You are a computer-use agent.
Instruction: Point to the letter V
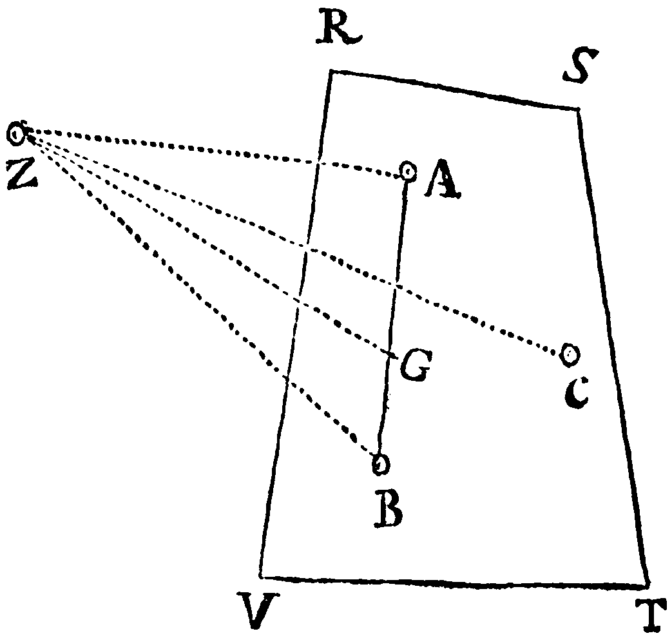[258, 609]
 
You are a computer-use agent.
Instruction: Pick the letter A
[443, 179]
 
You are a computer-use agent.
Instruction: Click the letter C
[577, 393]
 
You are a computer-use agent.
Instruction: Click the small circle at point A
[408, 171]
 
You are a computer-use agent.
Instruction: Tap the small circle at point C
[570, 354]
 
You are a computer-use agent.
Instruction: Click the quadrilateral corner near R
[331, 71]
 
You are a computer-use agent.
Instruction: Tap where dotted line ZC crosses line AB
[396, 285]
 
